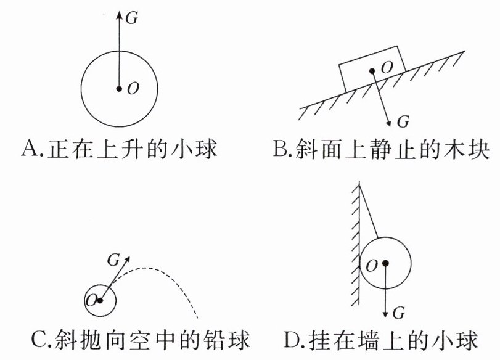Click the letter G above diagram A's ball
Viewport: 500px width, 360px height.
click(131, 18)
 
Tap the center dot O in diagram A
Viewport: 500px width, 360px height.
click(119, 88)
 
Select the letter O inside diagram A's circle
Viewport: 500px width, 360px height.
click(133, 89)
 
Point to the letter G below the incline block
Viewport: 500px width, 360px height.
click(403, 120)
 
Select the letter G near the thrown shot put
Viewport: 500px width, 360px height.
click(113, 260)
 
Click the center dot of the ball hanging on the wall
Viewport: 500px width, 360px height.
click(385, 263)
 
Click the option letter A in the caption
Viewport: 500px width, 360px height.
click(29, 149)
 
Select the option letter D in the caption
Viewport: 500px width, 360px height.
click(291, 340)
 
